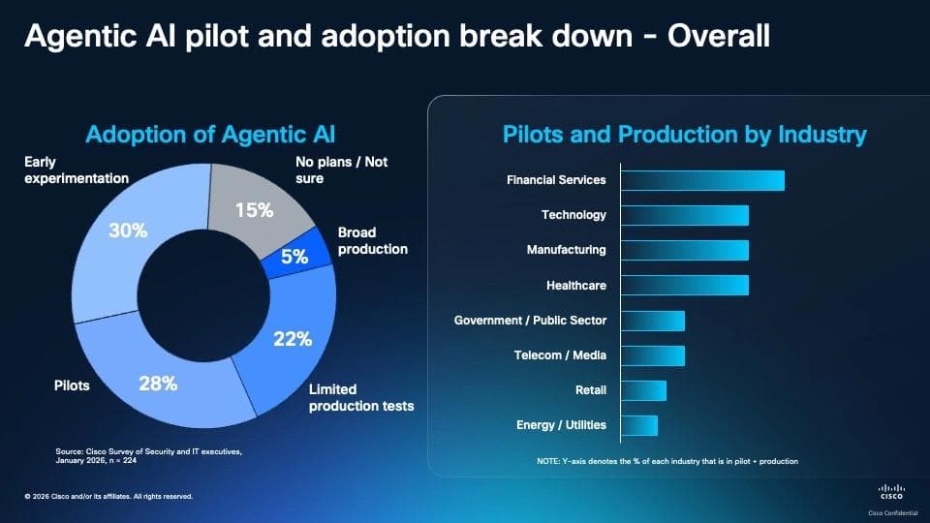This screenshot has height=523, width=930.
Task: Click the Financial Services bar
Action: pyautogui.click(x=703, y=180)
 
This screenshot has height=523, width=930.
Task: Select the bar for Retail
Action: pyautogui.click(x=643, y=390)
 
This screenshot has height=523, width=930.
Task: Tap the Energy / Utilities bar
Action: pyautogui.click(x=639, y=425)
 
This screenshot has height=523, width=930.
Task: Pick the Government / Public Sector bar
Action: pyautogui.click(x=653, y=321)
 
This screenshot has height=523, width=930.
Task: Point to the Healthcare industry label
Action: pyautogui.click(x=575, y=285)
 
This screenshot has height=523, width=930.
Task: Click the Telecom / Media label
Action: pyautogui.click(x=560, y=355)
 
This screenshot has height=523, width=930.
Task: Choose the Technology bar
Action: pyautogui.click(x=685, y=215)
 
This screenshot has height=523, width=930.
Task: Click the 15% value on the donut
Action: pyautogui.click(x=255, y=210)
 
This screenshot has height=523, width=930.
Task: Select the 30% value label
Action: pyautogui.click(x=128, y=231)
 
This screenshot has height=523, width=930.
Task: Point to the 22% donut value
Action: pyautogui.click(x=293, y=339)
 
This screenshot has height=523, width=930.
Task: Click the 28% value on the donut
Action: pyautogui.click(x=158, y=384)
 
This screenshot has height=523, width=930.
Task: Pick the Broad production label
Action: pyautogui.click(x=372, y=241)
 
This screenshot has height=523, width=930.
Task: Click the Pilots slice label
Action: pyautogui.click(x=72, y=385)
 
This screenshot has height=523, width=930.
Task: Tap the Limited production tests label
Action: pyautogui.click(x=361, y=397)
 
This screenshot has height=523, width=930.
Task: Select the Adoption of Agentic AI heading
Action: pyautogui.click(x=210, y=135)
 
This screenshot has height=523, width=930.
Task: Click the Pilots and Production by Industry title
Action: pyautogui.click(x=685, y=135)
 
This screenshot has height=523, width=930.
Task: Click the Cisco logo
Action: pyautogui.click(x=891, y=492)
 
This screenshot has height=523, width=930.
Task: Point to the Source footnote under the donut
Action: pyautogui.click(x=149, y=455)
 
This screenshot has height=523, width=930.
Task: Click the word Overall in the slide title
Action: pyautogui.click(x=719, y=36)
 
